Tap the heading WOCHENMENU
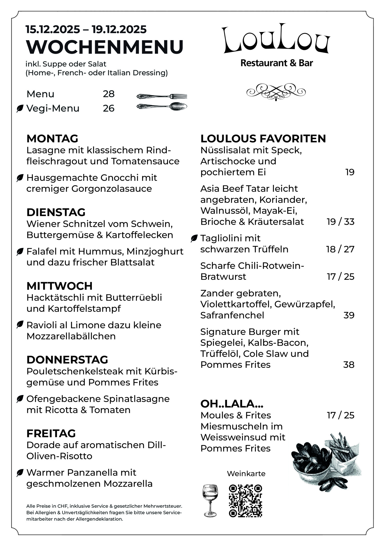click(105, 47)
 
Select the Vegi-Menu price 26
click(109, 108)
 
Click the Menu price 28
click(109, 94)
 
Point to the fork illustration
click(162, 96)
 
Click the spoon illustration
click(162, 107)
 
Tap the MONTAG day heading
click(52, 139)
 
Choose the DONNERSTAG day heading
click(67, 360)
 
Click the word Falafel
click(41, 251)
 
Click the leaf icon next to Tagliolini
click(194, 238)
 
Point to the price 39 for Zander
click(349, 315)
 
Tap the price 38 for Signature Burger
click(349, 365)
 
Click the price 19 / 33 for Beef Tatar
click(341, 222)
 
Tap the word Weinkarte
click(246, 474)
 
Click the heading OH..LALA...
click(232, 404)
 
